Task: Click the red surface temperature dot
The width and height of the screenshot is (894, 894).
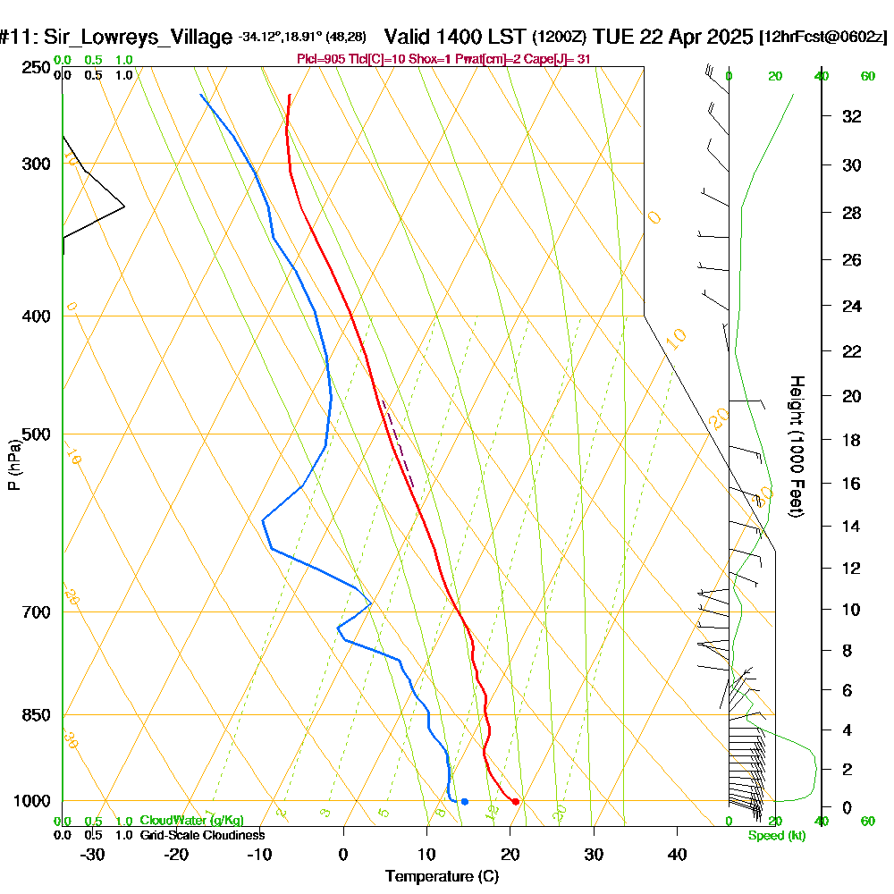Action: click(516, 801)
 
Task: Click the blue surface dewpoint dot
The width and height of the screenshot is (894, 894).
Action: click(464, 801)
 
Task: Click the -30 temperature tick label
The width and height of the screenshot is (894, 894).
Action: click(93, 855)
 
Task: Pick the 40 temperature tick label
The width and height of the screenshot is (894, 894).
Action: click(677, 855)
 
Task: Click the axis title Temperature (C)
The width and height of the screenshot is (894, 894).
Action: click(442, 876)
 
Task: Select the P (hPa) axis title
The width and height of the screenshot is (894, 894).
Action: click(13, 465)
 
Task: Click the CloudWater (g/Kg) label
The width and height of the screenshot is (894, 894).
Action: click(191, 821)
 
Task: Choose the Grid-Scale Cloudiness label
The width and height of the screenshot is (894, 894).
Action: click(201, 835)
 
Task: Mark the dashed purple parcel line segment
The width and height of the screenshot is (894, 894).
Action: click(398, 443)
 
